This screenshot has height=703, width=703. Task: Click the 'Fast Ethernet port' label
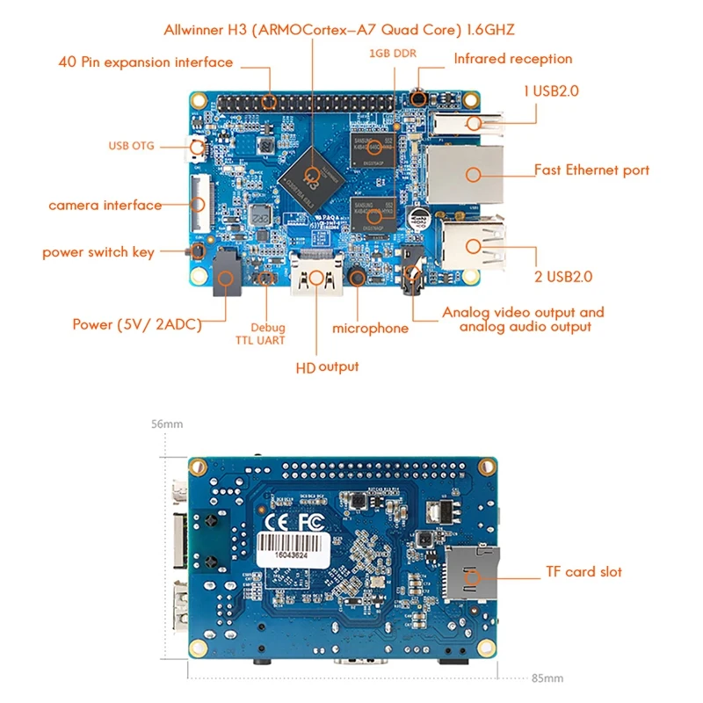pyautogui.click(x=592, y=170)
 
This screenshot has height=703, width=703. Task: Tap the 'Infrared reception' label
pyautogui.click(x=512, y=59)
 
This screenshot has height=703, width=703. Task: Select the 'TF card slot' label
pyautogui.click(x=581, y=572)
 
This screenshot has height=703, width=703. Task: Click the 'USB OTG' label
pyautogui.click(x=132, y=146)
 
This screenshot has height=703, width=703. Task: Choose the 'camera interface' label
pyautogui.click(x=105, y=206)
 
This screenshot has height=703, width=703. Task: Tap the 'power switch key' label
pyautogui.click(x=98, y=252)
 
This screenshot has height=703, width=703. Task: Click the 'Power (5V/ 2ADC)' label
pyautogui.click(x=137, y=324)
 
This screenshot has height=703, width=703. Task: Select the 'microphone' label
pyautogui.click(x=370, y=328)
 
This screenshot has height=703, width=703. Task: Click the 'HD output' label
pyautogui.click(x=327, y=366)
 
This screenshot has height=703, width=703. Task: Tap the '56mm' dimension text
pyautogui.click(x=167, y=424)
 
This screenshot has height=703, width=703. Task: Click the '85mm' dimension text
pyautogui.click(x=547, y=678)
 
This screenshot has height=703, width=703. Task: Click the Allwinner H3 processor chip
pyautogui.click(x=308, y=172)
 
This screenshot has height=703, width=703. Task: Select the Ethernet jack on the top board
pyautogui.click(x=464, y=173)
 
